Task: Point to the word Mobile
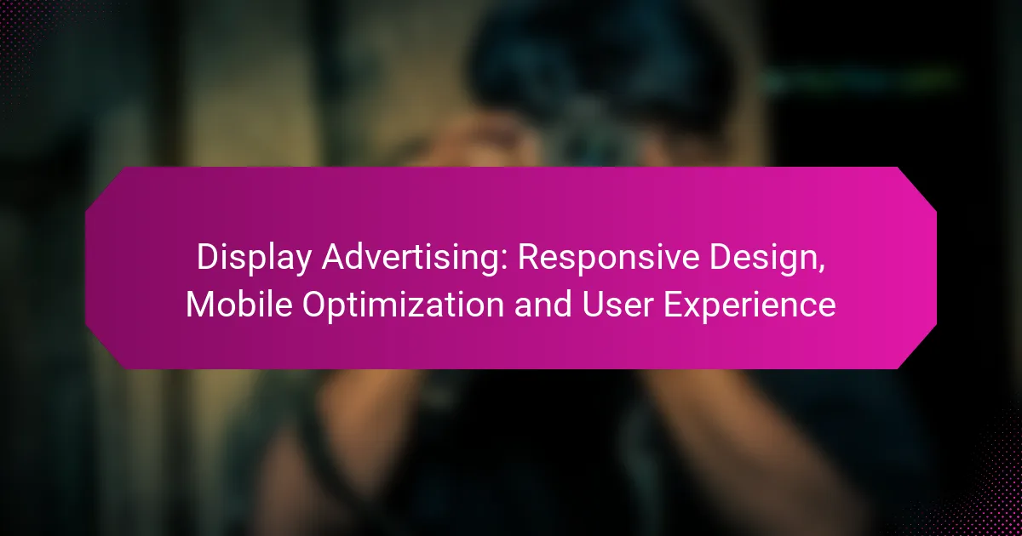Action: pos(238,305)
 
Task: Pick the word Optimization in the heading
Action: pos(403,305)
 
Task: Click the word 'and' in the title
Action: pos(543,305)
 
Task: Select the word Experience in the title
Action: pos(749,305)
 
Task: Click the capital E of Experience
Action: pos(673,305)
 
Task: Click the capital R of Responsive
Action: pos(528,258)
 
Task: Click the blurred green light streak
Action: pos(858,80)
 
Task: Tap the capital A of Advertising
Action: pos(334,258)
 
